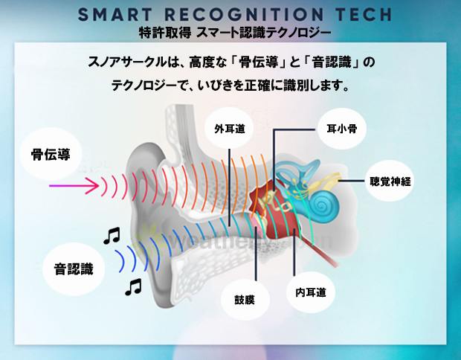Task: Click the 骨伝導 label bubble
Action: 51,154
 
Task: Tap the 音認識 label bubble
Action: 74,269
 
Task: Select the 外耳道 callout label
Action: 229,129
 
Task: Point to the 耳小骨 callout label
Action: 341,129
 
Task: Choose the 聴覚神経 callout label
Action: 390,181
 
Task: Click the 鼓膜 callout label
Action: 245,300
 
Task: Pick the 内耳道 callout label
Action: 311,292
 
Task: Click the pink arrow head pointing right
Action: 92,186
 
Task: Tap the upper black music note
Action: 112,235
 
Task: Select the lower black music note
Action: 134,287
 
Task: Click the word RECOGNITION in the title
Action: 244,14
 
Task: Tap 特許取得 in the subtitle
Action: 165,32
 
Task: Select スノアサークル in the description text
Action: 127,62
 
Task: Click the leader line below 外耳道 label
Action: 229,187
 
